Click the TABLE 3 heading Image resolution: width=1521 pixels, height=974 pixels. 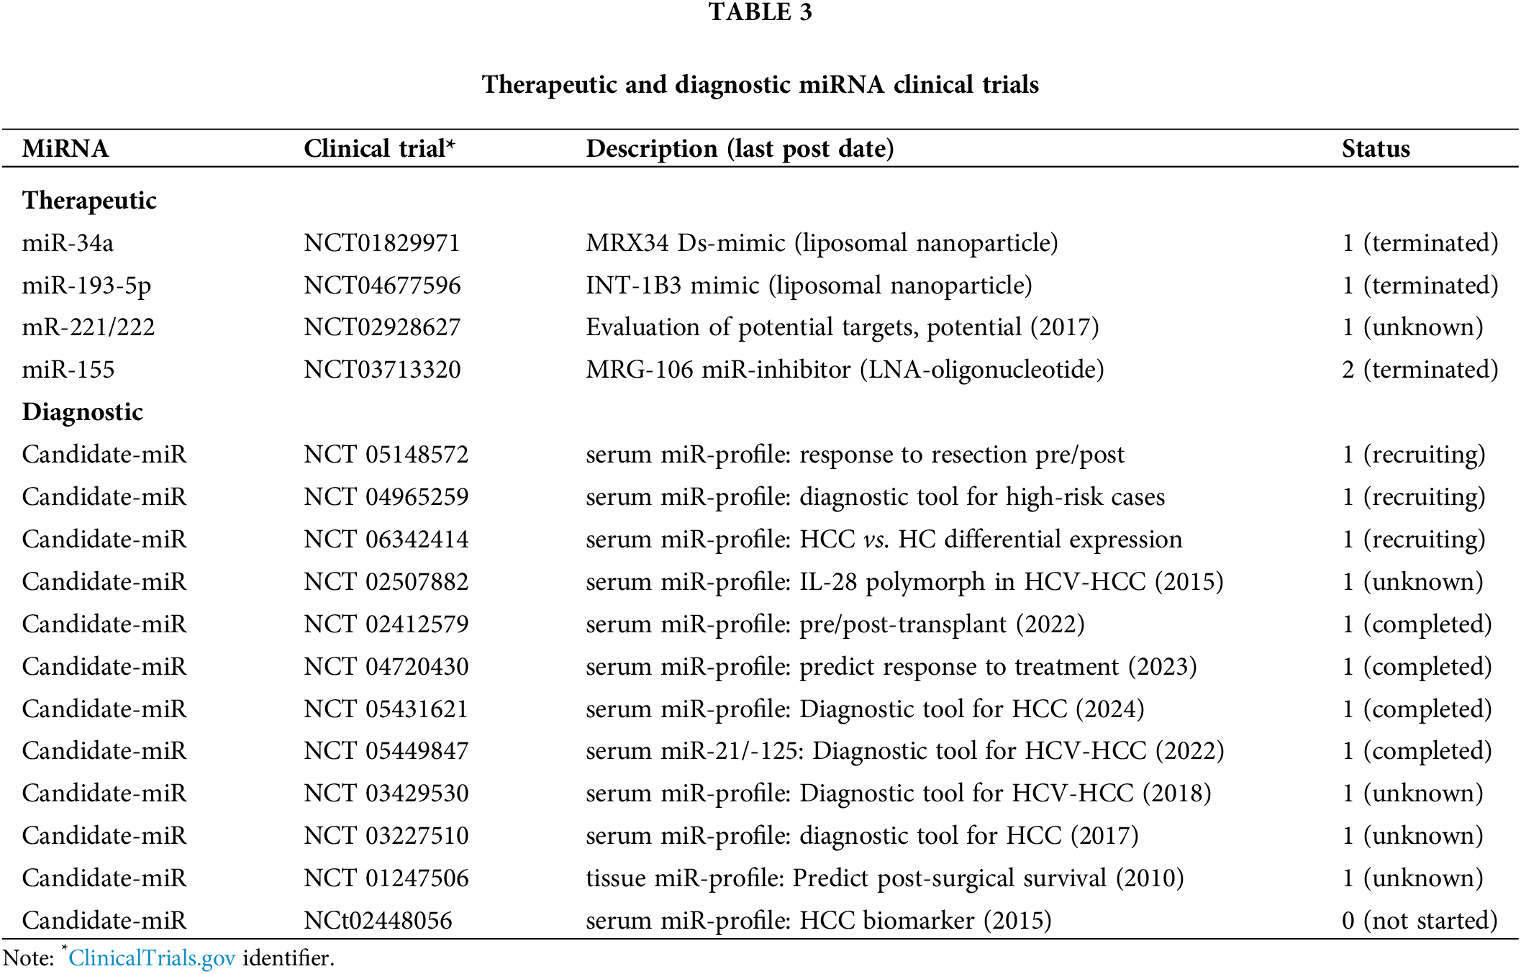[760, 12]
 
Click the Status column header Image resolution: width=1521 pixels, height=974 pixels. [1375, 149]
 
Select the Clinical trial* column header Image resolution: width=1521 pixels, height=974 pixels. [379, 149]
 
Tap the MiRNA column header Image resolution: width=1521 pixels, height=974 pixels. [65, 149]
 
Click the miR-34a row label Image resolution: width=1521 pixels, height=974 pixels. [68, 243]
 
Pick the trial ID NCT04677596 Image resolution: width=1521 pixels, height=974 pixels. [381, 286]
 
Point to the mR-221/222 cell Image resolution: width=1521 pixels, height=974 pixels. [88, 327]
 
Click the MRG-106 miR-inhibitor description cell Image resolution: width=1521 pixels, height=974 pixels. [844, 370]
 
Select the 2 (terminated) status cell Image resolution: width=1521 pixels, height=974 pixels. [1420, 370]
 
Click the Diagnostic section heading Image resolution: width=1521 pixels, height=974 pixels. [82, 412]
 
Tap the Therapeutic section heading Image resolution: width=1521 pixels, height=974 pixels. [89, 201]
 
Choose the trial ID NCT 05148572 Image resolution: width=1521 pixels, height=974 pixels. [386, 455]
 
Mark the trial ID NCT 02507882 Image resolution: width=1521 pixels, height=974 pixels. [386, 582]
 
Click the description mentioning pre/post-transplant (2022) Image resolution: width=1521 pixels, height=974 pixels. [835, 624]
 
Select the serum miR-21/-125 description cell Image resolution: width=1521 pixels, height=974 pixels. [904, 751]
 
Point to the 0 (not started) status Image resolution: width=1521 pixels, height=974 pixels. [1419, 921]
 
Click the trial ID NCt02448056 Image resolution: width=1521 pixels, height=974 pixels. [378, 921]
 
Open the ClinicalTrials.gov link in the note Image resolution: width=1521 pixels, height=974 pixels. [152, 958]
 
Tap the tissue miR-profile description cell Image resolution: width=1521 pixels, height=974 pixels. [884, 878]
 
